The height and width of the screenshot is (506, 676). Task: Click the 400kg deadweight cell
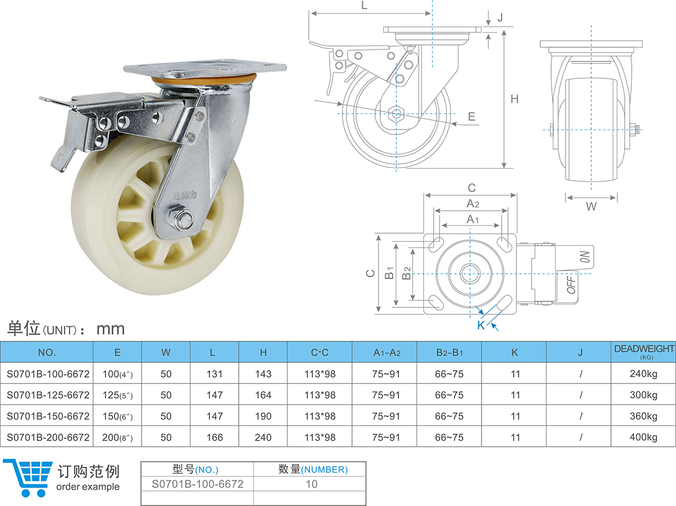tap(643, 437)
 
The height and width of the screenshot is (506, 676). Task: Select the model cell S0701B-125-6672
tap(48, 395)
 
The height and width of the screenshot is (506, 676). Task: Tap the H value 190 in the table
tap(263, 416)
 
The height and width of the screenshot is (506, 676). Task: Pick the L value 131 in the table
tap(215, 374)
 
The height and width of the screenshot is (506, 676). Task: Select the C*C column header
tap(319, 352)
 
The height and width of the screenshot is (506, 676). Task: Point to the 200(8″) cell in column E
tap(117, 437)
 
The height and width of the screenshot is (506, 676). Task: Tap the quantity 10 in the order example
tap(311, 484)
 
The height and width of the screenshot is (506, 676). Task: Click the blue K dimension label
tap(480, 325)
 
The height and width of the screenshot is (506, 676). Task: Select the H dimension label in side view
tap(515, 99)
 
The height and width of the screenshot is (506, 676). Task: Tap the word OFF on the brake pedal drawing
tap(572, 284)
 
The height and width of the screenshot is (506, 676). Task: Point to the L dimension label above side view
tap(364, 6)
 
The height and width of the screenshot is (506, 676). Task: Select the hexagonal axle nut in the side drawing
tap(396, 113)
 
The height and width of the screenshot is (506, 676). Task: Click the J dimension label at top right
tap(499, 17)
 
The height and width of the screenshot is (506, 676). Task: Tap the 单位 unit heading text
tap(23, 329)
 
